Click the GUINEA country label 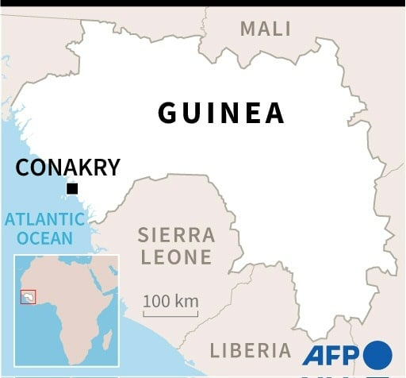[x=221, y=113]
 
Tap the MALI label [x=266, y=29]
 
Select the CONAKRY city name [x=68, y=168]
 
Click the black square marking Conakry [x=72, y=188]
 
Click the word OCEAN [x=45, y=237]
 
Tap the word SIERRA [x=176, y=235]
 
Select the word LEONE [x=176, y=257]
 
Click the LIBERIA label [x=250, y=349]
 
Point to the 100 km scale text [x=170, y=302]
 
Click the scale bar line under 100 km [x=170, y=314]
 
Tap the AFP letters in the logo [x=331, y=353]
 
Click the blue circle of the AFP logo [x=377, y=353]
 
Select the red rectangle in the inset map [x=28, y=296]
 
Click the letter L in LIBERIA [x=214, y=349]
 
